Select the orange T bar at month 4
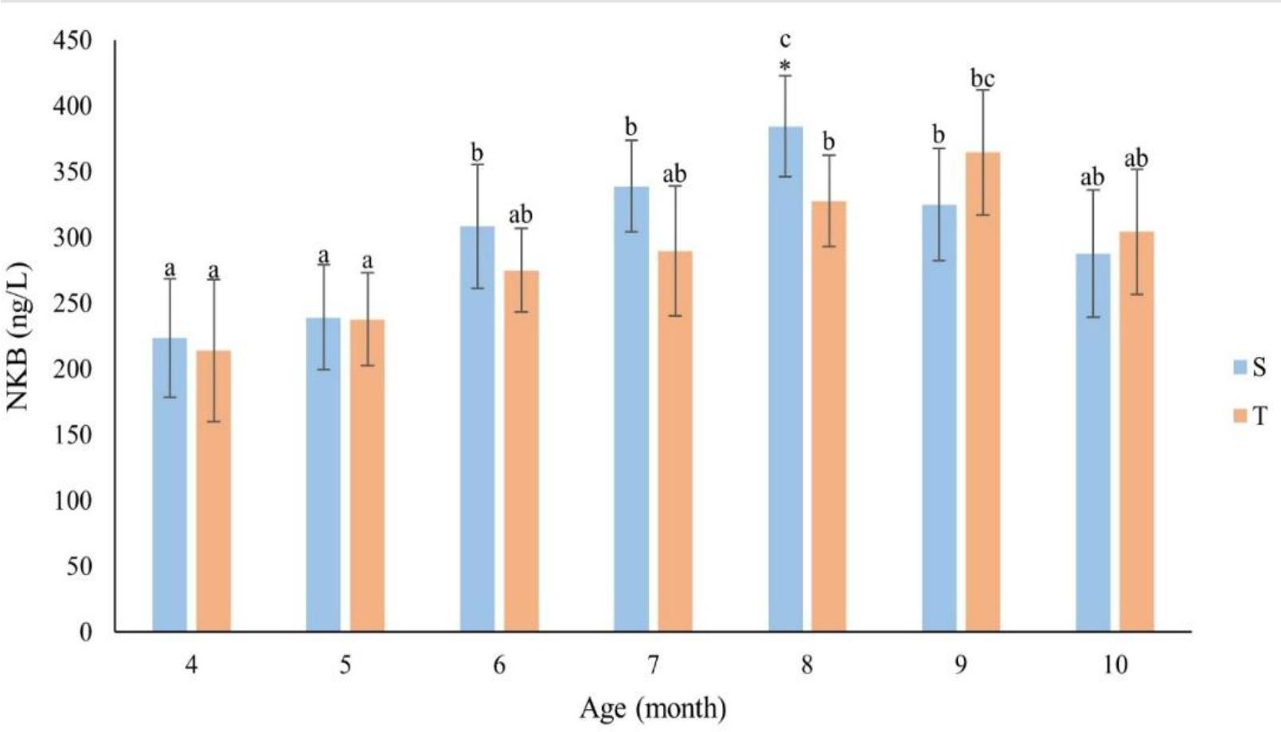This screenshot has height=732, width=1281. coord(213,491)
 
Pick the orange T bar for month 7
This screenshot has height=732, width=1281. coord(675,441)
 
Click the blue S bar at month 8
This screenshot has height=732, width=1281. coord(785,379)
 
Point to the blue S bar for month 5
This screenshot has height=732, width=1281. coord(323,475)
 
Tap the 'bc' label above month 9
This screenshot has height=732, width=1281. coord(982,79)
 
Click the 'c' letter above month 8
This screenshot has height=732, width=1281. coord(785,40)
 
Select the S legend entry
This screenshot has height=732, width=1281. coord(1249,366)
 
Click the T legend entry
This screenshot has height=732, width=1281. coord(1249,415)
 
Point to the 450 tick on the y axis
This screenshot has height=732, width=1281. coord(72,41)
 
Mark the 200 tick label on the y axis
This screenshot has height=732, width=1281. coord(72,369)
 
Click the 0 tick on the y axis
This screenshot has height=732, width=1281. coord(85,632)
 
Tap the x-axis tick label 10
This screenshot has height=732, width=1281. coord(1115,665)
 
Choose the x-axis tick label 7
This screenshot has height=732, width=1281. coord(653,665)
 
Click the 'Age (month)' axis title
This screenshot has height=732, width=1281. coord(653,707)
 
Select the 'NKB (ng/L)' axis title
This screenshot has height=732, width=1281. coord(18,336)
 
